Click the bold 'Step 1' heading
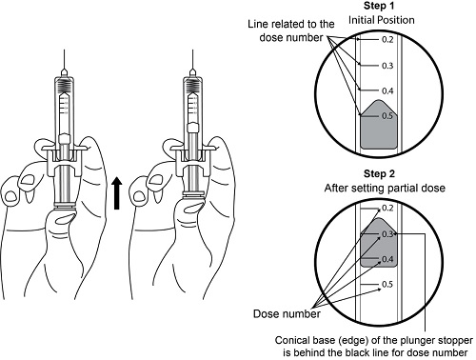[379, 6]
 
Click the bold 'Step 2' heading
[379, 174]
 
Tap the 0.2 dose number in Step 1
[387, 40]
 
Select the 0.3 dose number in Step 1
[387, 66]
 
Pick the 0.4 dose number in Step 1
[387, 91]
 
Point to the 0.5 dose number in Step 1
[387, 116]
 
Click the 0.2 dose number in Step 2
[387, 209]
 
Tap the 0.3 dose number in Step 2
[387, 234]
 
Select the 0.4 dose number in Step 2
[387, 259]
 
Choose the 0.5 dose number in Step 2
[387, 284]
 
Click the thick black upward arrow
[117, 193]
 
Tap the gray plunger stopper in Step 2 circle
[379, 243]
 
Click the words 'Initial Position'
[382, 20]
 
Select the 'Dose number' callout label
[287, 314]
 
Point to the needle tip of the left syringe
[65, 50]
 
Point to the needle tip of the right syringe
[192, 50]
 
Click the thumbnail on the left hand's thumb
[66, 218]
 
